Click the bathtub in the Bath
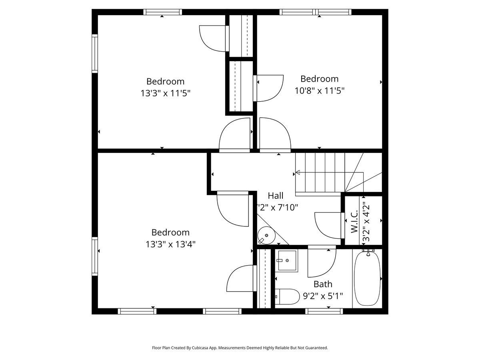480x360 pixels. (367, 278)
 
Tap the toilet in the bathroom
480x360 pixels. (287, 297)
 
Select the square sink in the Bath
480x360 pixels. (287, 260)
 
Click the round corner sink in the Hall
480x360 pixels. (266, 235)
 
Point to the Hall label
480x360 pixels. (276, 196)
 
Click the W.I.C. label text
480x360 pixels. (354, 221)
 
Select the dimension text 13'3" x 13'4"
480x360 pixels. (170, 244)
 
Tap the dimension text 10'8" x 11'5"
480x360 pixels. (320, 90)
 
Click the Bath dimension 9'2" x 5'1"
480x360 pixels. (323, 296)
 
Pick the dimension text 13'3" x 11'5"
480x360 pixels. (165, 93)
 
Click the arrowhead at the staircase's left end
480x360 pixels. (298, 172)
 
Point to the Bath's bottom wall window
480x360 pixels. (324, 311)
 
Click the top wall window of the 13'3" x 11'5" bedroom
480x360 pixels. (162, 12)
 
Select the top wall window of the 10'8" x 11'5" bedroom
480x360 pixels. (315, 12)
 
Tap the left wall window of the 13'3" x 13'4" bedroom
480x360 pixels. (95, 256)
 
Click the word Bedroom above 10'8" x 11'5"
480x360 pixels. (320, 79)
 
